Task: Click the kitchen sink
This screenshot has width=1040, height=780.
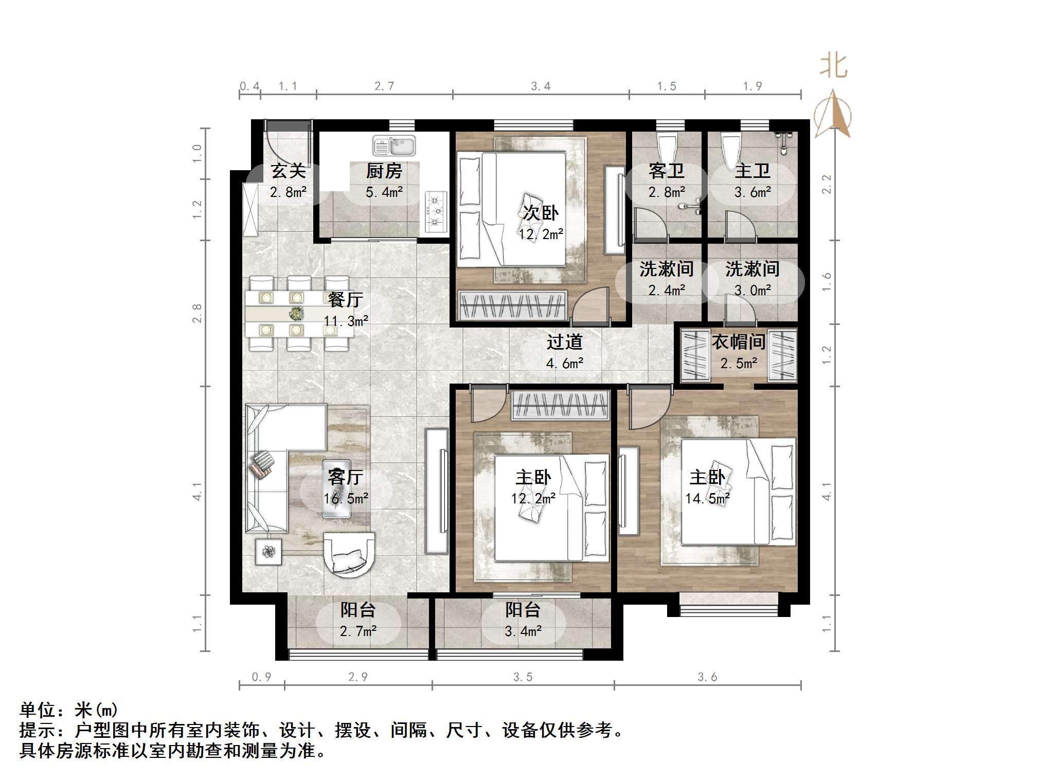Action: pos(394,146)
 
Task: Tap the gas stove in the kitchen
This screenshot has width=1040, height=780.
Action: pos(436,211)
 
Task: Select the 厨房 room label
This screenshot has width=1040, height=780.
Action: pos(384,171)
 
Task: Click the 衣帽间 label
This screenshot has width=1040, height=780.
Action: pos(739,342)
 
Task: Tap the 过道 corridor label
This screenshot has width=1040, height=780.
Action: pos(564,342)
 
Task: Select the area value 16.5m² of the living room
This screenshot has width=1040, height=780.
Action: pos(346,498)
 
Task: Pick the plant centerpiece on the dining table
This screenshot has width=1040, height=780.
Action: pos(296,313)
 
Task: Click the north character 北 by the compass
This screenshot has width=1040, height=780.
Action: pos(833,66)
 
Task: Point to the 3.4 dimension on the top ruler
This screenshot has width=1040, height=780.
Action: pos(541,86)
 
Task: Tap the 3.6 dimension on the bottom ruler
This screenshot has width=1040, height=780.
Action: pos(707,677)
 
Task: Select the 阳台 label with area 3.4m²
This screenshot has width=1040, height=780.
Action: pos(523,610)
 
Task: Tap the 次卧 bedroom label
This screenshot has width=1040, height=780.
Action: pos(541,213)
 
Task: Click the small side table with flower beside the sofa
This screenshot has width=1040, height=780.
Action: pos(268,552)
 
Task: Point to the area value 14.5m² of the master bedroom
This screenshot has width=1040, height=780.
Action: pos(707,498)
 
